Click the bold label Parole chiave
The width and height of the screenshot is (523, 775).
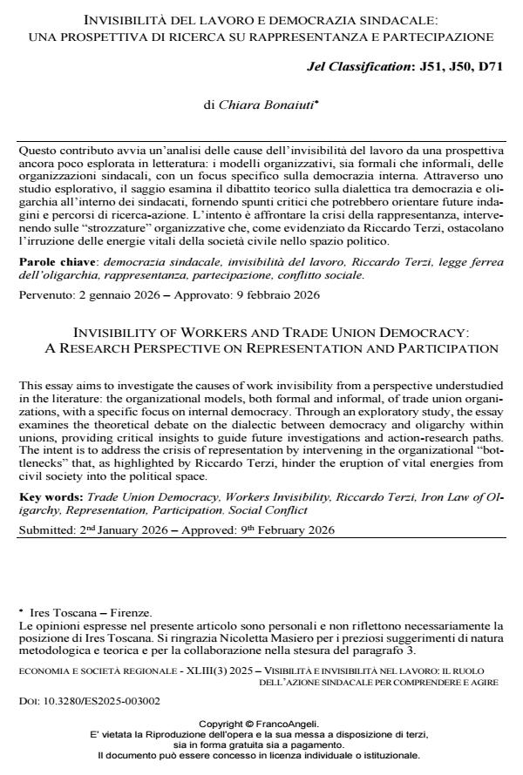[57, 259]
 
